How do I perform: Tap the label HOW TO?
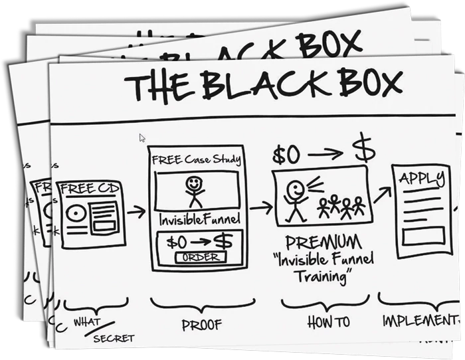tap(328, 322)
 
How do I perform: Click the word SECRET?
tap(113, 337)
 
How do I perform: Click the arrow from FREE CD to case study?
tap(136, 212)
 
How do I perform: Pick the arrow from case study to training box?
tap(260, 208)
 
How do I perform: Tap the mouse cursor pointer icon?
tap(142, 138)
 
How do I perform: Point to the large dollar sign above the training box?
tap(363, 151)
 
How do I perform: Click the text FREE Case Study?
tap(195, 159)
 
